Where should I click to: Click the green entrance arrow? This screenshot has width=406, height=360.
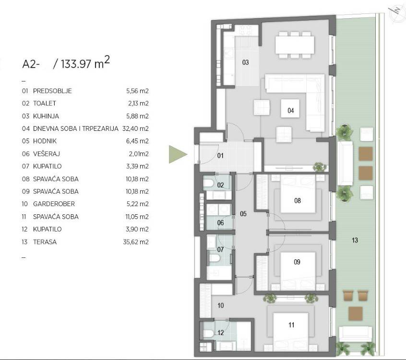(x=178, y=154)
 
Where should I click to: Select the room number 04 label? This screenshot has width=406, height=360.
(x=290, y=111)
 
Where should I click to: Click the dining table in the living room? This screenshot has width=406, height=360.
(x=295, y=45)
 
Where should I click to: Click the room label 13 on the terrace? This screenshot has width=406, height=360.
(x=355, y=240)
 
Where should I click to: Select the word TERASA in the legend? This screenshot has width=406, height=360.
(x=45, y=242)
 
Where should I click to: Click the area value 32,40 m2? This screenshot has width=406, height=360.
(x=135, y=128)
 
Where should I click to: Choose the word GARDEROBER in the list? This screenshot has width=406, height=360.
(x=54, y=204)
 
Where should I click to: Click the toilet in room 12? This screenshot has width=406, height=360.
(x=208, y=333)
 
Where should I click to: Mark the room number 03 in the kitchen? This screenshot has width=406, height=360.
(x=245, y=62)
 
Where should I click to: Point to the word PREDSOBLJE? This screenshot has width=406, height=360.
(x=52, y=91)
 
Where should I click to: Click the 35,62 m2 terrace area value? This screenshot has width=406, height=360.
(x=136, y=242)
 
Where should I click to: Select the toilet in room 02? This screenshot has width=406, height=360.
(x=208, y=184)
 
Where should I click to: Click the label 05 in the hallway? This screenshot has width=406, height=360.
(x=243, y=214)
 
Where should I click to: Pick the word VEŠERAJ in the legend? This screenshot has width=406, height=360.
(x=47, y=154)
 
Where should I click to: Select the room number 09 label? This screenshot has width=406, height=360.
(x=297, y=262)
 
